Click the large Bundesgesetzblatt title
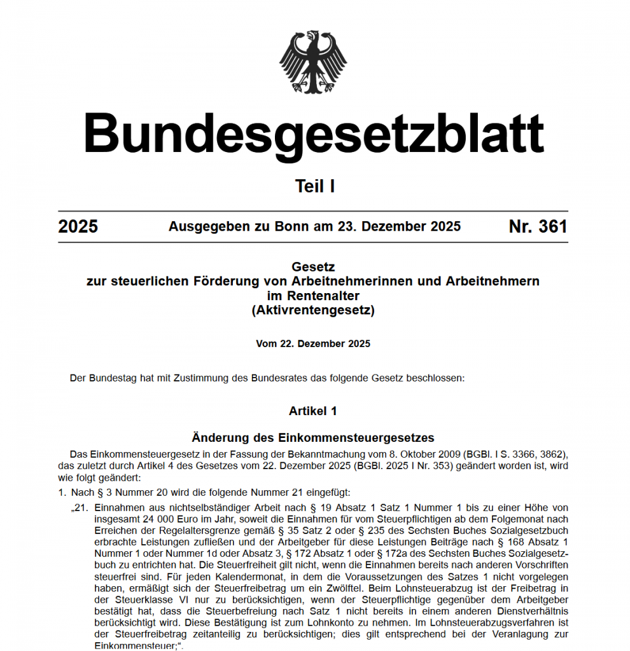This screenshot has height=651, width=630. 314,134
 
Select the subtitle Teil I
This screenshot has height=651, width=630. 314,186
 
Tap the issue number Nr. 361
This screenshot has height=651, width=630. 538,227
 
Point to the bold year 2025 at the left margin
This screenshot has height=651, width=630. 78,227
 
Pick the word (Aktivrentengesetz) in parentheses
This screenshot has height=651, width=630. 313,311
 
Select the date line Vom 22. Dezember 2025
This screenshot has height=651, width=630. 313,344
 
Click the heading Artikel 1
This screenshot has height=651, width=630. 313,411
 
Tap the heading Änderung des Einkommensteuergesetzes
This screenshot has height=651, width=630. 313,438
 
